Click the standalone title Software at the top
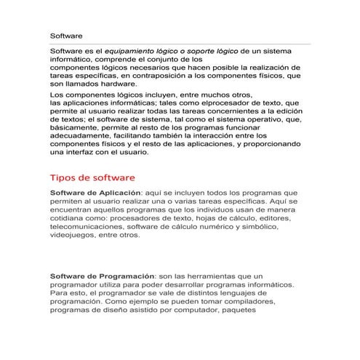coord(66,35)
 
